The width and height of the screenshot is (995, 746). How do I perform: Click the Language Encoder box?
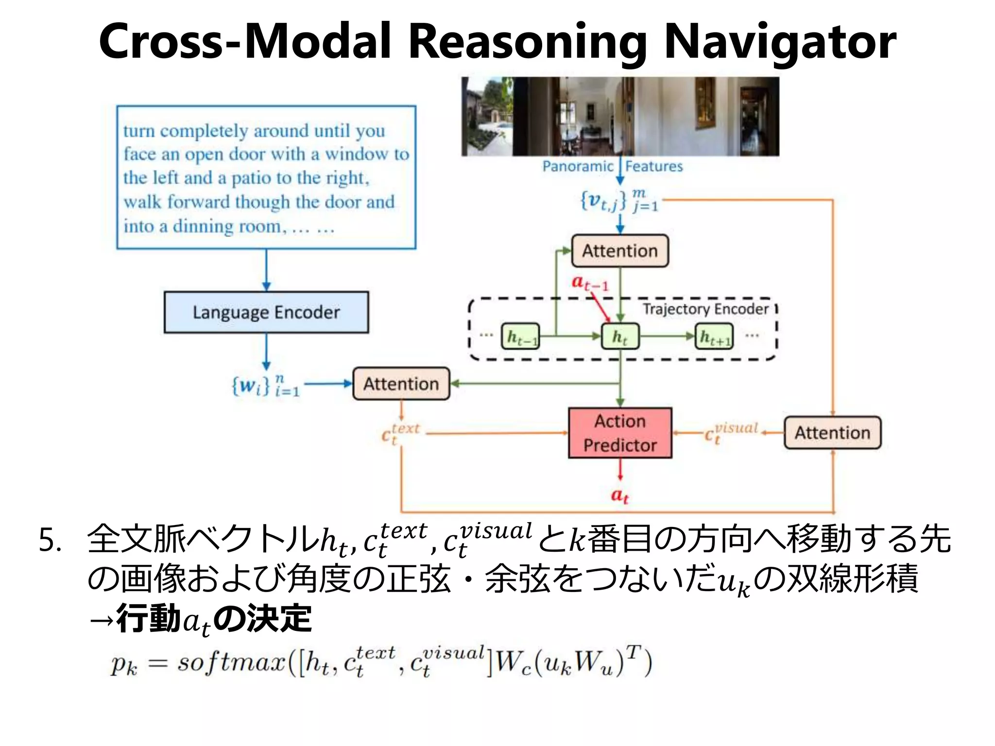click(266, 312)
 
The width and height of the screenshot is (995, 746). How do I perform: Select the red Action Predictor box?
click(620, 433)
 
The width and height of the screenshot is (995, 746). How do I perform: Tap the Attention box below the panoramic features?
click(620, 251)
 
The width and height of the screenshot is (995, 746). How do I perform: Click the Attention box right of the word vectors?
click(401, 384)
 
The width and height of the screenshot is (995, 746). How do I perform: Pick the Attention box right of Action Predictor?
click(832, 432)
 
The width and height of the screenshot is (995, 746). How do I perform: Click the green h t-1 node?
click(520, 336)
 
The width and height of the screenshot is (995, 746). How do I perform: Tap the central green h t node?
click(620, 336)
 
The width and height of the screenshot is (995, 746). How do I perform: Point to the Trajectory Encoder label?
click(705, 309)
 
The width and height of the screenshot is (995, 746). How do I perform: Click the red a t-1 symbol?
click(589, 283)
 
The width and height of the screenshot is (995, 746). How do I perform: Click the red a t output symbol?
click(620, 495)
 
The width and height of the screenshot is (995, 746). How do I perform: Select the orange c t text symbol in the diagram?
click(399, 433)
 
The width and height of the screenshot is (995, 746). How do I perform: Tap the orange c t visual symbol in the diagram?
click(730, 432)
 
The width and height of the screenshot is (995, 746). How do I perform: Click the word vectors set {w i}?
click(265, 386)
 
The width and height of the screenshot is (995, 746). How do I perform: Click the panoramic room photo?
click(620, 117)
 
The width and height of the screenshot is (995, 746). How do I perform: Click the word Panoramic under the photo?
click(578, 166)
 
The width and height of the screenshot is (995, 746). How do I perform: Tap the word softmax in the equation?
click(232, 662)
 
